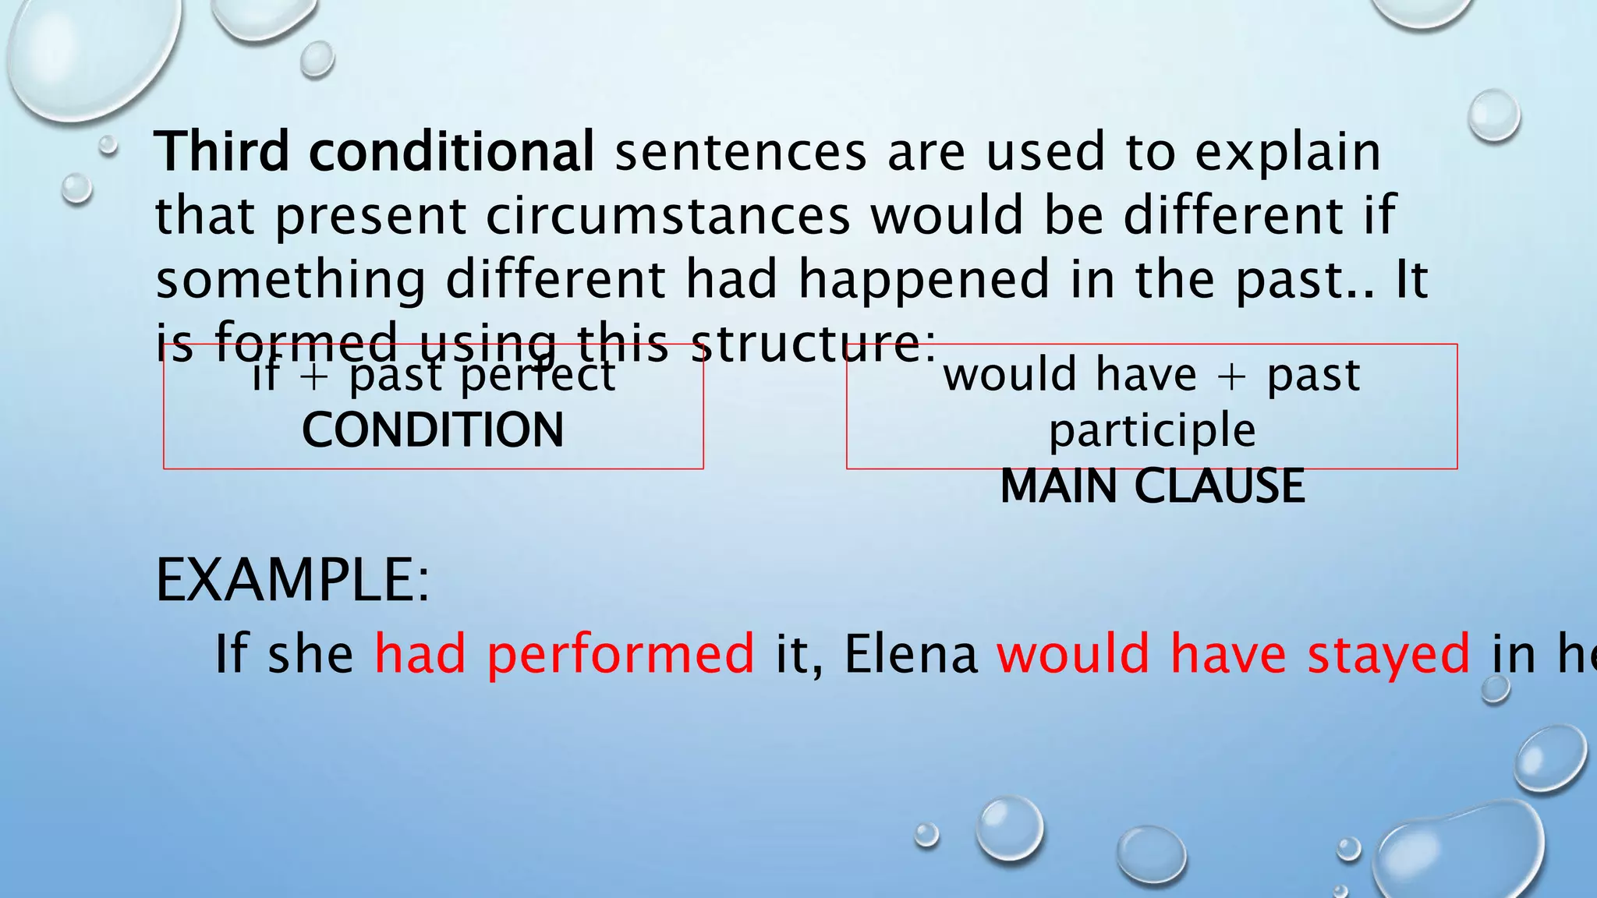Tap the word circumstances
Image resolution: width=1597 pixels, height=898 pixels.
coord(667,216)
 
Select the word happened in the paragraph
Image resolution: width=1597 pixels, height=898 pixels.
coord(923,280)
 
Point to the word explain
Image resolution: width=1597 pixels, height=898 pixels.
coord(1287,153)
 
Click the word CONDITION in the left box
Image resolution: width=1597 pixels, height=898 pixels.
coord(433,430)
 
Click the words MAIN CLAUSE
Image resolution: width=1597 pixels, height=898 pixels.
coord(1152,486)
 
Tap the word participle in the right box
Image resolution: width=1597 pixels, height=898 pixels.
coord(1152,431)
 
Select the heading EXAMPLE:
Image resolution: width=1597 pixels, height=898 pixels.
coord(292,581)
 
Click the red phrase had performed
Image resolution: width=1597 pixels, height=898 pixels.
coord(564,653)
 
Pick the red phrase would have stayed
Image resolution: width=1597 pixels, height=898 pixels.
coord(1233,653)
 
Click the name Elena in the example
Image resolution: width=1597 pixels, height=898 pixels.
coord(910,653)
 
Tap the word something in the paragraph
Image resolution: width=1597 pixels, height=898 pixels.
coord(290,280)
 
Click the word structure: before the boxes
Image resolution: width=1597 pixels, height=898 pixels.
coord(813,344)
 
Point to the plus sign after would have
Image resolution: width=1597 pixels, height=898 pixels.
coord(1231,375)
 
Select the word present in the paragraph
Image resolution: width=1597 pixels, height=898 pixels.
coord(370,216)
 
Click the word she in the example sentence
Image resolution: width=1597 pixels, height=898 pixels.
coord(310,653)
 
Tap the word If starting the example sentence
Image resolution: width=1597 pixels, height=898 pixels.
coord(231,653)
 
